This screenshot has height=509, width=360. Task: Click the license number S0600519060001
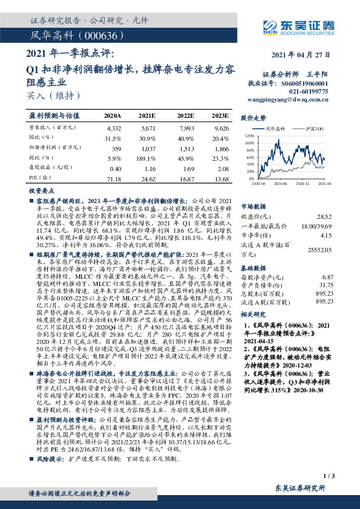304,83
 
